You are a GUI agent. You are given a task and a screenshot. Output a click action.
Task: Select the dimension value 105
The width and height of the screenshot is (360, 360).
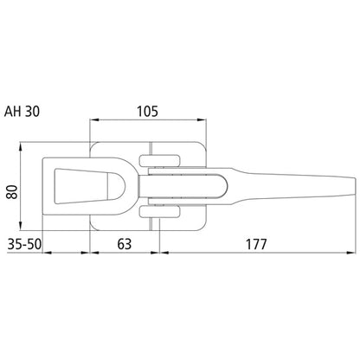(147, 111)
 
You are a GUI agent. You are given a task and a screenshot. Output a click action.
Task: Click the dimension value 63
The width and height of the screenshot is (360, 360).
(125, 243)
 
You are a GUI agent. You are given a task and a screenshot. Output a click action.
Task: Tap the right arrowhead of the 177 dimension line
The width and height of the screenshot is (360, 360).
(352, 253)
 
